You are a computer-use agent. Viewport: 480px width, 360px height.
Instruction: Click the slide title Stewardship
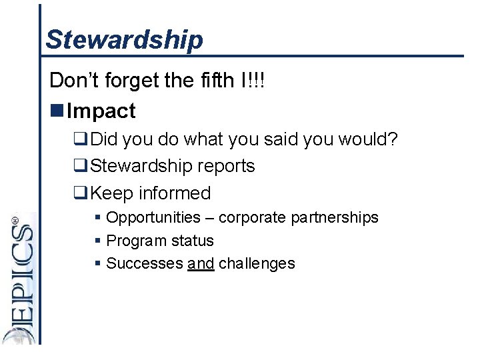pos(124,39)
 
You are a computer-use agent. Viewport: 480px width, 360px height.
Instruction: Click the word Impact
pos(101,111)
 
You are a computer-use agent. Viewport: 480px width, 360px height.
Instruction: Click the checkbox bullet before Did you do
pos(81,139)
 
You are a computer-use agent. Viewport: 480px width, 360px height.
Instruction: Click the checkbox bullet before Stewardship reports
pos(81,166)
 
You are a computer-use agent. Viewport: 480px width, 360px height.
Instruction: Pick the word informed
pos(175,193)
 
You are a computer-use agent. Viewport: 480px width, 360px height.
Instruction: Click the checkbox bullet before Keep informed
pos(81,193)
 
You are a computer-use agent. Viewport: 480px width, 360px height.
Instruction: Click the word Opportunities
pos(153,218)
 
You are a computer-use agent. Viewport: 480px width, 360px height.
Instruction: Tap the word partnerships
pos(337,218)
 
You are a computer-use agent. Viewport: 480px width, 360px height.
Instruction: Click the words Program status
pos(160,241)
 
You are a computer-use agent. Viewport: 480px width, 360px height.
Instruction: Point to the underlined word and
pos(201,263)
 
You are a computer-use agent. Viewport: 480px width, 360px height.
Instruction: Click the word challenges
pos(257,263)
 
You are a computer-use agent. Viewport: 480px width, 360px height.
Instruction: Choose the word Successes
pos(145,263)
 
